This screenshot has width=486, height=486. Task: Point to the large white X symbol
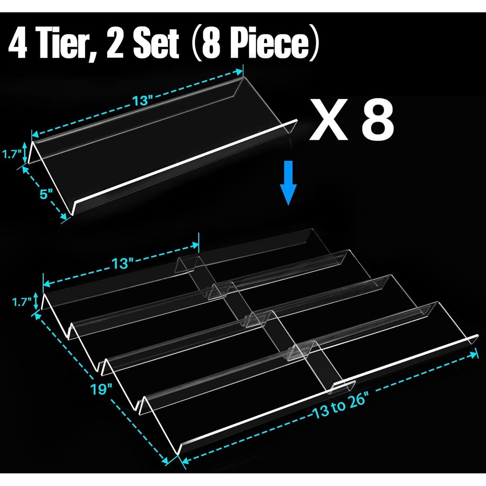(x=328, y=121)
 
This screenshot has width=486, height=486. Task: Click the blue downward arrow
(x=288, y=183)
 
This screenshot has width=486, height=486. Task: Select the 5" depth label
(x=46, y=195)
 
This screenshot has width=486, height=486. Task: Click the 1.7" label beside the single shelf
(x=12, y=155)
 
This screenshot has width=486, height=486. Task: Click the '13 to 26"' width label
(x=339, y=406)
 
